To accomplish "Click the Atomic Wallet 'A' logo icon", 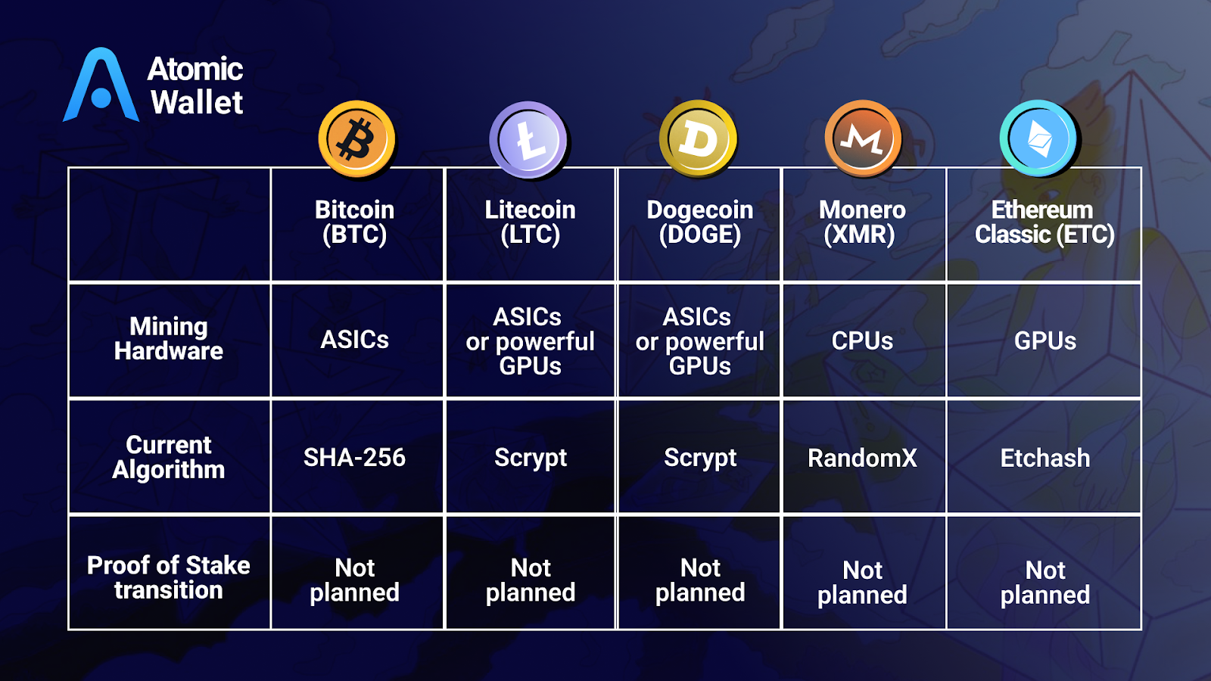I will point(101,86).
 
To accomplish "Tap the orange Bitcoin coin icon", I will point(356,139).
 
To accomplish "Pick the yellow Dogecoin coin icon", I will point(697,139).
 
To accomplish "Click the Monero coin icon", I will point(862,139).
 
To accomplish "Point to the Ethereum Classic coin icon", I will point(1038,139).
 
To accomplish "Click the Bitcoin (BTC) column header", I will point(355,222).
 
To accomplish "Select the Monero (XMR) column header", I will point(861,222).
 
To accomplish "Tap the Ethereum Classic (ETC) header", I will point(1044,222).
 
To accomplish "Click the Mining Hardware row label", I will point(169,339).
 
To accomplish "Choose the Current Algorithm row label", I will point(169,457).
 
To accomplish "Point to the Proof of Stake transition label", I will point(169,577).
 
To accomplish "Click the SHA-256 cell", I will point(354,458).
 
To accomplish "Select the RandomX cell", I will point(862,459).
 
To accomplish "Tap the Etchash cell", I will point(1044,459).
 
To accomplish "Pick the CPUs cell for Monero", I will point(862,341).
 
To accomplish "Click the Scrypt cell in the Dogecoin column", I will point(700,459).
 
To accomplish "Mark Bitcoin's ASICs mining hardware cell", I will point(354,340).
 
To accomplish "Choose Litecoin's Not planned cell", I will point(531,580).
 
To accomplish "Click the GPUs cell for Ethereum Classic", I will point(1044,341).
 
